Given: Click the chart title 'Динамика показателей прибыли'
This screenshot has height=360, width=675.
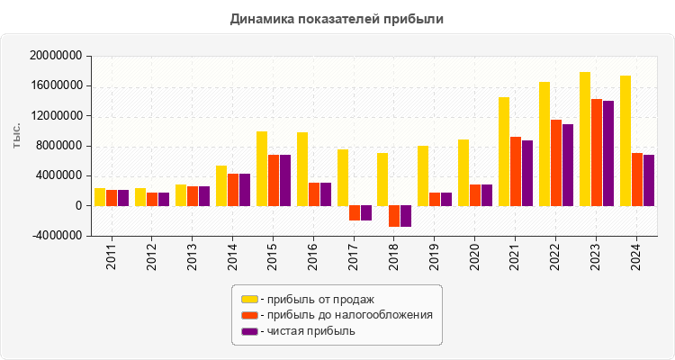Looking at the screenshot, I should (x=337, y=18).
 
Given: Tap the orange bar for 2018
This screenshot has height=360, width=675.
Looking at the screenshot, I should (x=394, y=216).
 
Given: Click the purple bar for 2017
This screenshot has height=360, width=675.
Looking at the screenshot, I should (x=365, y=213).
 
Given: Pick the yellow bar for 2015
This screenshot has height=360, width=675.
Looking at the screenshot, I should (x=262, y=168).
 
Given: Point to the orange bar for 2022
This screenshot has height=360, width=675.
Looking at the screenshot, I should (x=556, y=163).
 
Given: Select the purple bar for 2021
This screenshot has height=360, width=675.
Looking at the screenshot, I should (x=527, y=173).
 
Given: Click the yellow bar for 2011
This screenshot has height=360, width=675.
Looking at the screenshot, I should (x=100, y=197).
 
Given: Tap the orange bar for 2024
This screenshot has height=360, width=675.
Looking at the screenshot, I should (x=637, y=179).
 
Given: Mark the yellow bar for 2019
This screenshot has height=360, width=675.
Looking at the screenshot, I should (x=423, y=175).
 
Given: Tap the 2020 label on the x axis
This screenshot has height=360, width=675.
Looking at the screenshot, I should (x=475, y=254).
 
